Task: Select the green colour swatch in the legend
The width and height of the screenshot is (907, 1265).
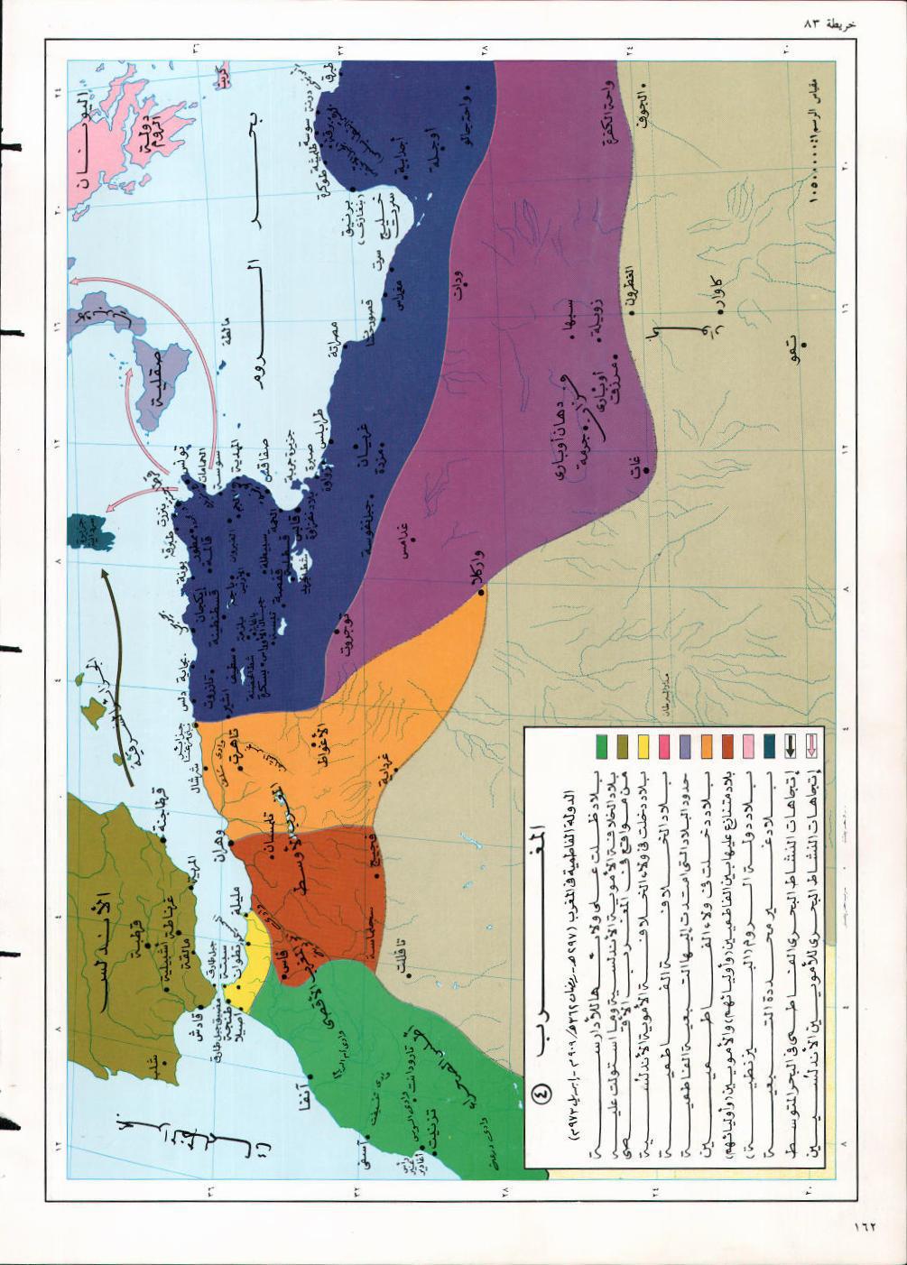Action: [600, 747]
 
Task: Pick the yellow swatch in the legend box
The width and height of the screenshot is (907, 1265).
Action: [643, 747]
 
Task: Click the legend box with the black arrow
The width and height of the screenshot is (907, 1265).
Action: [790, 747]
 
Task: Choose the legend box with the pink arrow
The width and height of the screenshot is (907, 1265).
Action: [810, 747]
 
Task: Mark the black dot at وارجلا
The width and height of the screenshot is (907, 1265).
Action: [481, 593]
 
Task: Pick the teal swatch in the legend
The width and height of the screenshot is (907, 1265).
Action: [768, 747]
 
